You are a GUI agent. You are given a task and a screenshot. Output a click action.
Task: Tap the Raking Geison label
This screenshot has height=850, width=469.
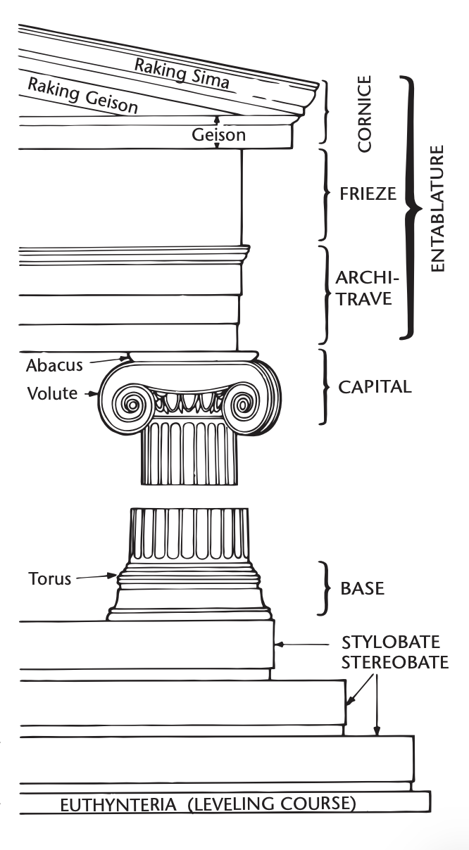[82, 96]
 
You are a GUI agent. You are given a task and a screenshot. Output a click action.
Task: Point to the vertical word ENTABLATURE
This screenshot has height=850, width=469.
[438, 209]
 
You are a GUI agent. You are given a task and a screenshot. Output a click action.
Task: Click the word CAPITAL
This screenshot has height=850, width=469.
[375, 387]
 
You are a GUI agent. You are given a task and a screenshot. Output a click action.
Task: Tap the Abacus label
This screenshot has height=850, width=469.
[54, 365]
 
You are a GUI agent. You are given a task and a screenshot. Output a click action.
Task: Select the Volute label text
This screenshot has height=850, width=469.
[51, 393]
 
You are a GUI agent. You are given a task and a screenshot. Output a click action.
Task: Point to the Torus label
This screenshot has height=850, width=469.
[50, 579]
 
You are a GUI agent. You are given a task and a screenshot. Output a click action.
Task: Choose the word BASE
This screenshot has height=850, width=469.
[363, 588]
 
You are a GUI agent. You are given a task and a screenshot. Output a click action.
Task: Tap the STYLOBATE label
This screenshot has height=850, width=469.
[391, 642]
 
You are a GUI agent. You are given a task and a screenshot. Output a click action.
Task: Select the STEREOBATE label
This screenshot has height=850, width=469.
[394, 663]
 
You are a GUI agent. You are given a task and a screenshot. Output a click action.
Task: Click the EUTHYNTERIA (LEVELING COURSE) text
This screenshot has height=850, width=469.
[208, 803]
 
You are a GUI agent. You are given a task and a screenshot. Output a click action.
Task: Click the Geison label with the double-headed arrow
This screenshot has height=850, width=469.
[219, 134]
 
